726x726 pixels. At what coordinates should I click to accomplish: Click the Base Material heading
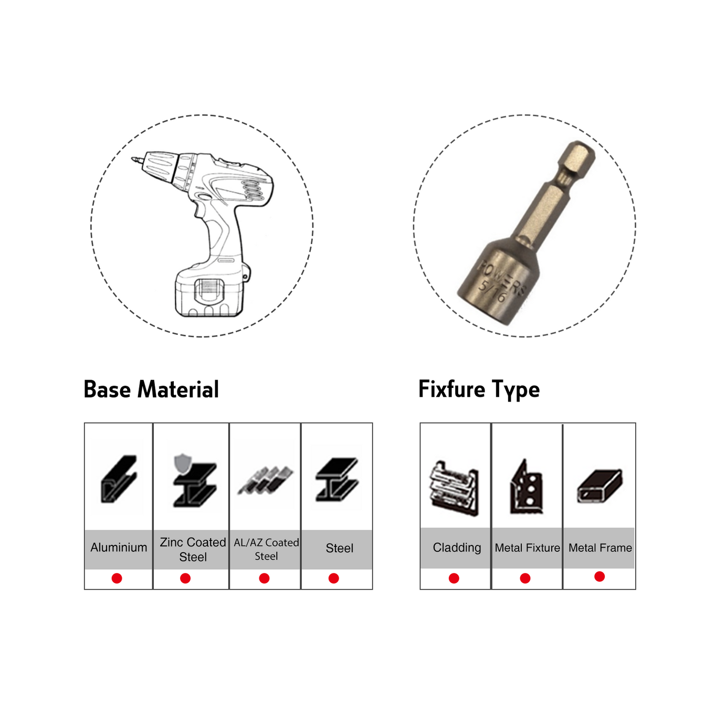pyautogui.click(x=151, y=389)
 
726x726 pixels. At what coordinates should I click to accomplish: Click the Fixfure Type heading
pyautogui.click(x=479, y=390)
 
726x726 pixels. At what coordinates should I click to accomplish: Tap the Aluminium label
pyautogui.click(x=119, y=547)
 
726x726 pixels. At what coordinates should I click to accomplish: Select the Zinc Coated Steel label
pyautogui.click(x=193, y=549)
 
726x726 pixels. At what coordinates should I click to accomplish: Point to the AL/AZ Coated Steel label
pyautogui.click(x=266, y=549)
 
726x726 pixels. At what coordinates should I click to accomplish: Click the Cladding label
pyautogui.click(x=457, y=547)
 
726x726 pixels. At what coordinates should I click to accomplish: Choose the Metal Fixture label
pyautogui.click(x=527, y=548)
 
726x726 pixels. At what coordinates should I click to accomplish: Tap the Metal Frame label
pyautogui.click(x=600, y=548)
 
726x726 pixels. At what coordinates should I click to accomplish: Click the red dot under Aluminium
pyautogui.click(x=117, y=578)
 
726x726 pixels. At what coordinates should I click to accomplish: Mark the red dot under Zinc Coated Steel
pyautogui.click(x=185, y=578)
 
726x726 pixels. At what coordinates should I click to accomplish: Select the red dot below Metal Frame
pyautogui.click(x=599, y=576)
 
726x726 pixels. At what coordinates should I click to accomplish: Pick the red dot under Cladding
pyautogui.click(x=454, y=578)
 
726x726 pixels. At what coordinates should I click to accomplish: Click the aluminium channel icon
pyautogui.click(x=118, y=479)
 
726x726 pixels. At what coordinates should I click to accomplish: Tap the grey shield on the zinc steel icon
pyautogui.click(x=182, y=464)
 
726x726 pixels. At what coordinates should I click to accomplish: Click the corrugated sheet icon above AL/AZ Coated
pyautogui.click(x=265, y=480)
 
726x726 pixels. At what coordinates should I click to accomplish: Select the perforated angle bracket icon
pyautogui.click(x=527, y=487)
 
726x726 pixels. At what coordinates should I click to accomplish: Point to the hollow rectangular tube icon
pyautogui.click(x=599, y=486)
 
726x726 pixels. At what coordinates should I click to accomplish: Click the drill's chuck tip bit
pyautogui.click(x=136, y=160)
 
